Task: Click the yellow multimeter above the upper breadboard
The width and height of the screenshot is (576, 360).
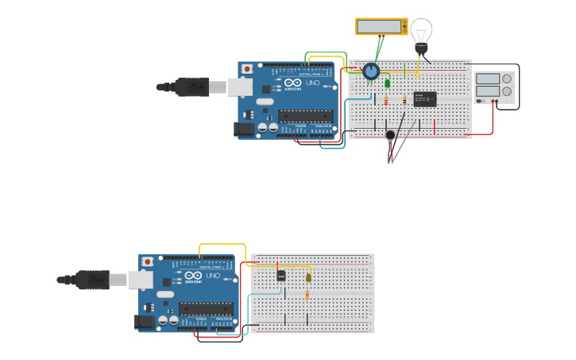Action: coord(381,26)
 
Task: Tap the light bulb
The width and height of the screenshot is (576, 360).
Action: coord(421,33)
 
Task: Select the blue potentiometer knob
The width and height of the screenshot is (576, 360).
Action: coord(371,72)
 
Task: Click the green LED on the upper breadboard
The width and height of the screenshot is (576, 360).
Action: coord(388,83)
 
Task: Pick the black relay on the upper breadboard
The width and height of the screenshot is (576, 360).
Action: coord(425,99)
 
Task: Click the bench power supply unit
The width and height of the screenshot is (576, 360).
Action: coord(495,87)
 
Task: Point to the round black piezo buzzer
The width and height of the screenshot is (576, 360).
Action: coord(390,134)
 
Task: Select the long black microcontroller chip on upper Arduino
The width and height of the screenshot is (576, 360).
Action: coord(305,115)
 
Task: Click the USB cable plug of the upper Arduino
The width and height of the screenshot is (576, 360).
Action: coord(191,86)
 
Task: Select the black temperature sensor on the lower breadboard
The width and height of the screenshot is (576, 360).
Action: coord(280,276)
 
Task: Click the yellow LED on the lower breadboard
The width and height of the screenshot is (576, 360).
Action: coord(308,277)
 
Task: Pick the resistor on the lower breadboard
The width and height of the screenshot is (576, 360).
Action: coord(307,296)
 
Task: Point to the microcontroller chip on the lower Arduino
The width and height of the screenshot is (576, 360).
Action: coord(206,308)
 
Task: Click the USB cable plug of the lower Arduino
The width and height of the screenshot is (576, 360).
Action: coord(91,279)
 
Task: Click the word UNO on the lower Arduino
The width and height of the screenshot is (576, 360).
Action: coord(213,276)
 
